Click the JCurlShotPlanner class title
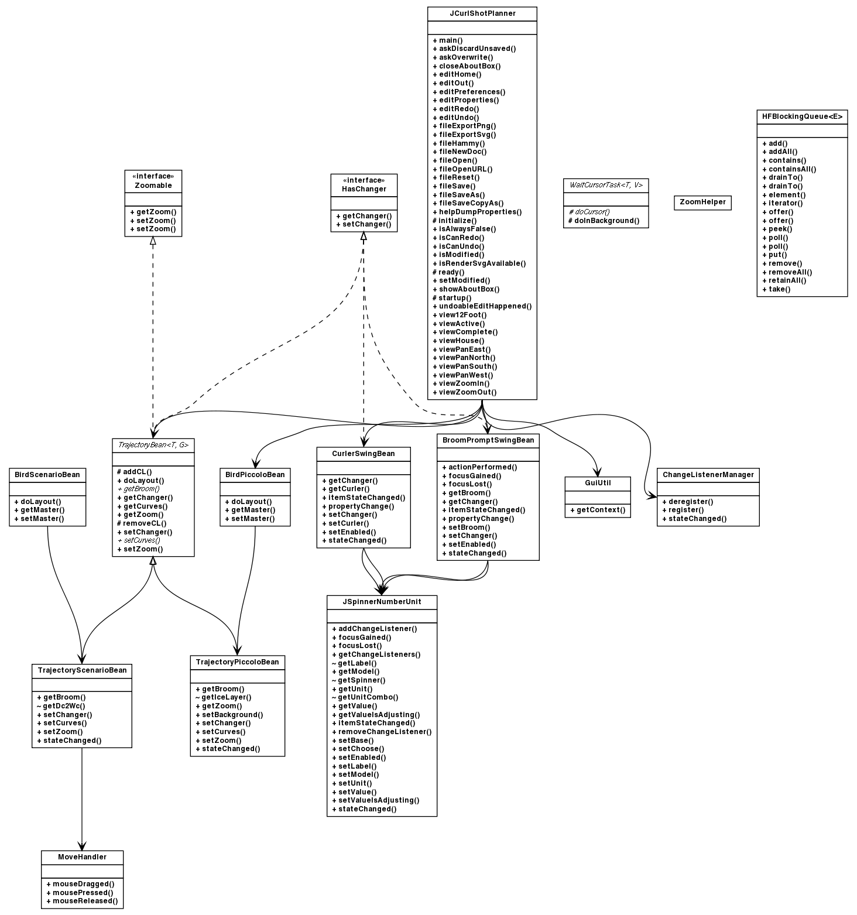[482, 13]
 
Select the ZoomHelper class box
[702, 202]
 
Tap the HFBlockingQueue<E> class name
[801, 116]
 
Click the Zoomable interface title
[153, 185]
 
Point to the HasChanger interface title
[364, 189]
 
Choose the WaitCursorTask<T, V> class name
[605, 185]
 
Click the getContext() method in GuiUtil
[597, 510]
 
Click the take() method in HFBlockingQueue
[779, 289]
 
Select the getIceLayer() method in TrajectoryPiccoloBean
[226, 697]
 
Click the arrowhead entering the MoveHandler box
[82, 846]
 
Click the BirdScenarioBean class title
[47, 475]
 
